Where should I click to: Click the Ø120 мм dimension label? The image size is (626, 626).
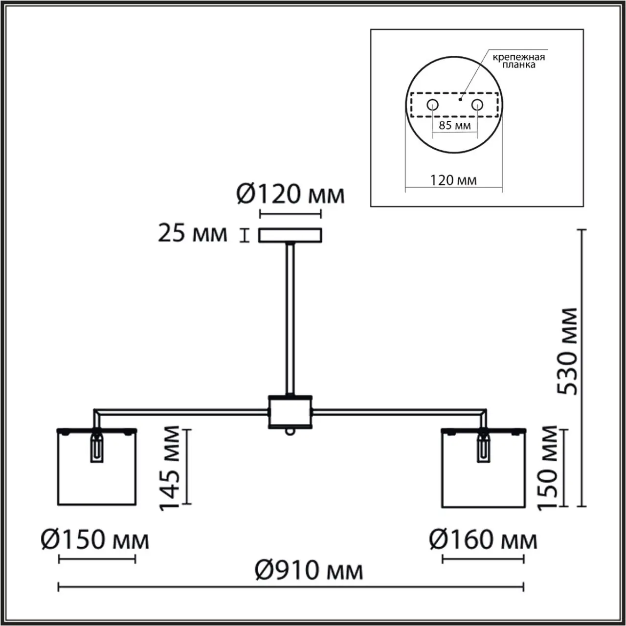[291, 194]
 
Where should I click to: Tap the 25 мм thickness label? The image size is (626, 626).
[192, 233]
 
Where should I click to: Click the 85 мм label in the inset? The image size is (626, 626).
[454, 125]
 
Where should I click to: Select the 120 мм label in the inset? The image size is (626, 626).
[453, 180]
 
